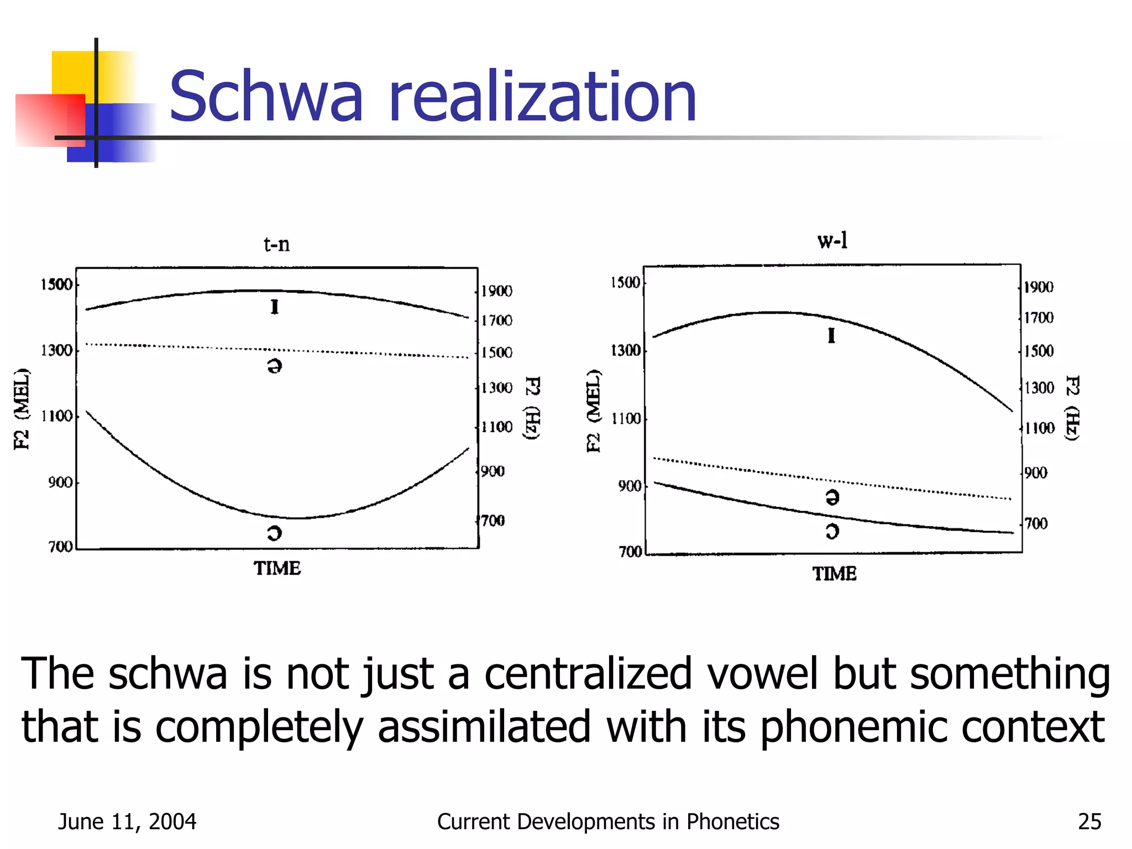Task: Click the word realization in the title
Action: [542, 97]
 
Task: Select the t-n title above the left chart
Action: [276, 244]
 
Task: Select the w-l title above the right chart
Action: [832, 240]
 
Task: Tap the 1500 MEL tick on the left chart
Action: [56, 285]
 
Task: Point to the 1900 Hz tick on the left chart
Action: [496, 291]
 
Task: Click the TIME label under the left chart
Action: [277, 568]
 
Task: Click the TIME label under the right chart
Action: [834, 574]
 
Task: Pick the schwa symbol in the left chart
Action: [274, 365]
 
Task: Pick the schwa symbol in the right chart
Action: [832, 497]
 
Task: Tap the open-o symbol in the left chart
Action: [274, 533]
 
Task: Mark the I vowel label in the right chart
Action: [831, 336]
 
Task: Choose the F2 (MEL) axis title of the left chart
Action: [22, 408]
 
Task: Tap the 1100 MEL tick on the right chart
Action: [625, 418]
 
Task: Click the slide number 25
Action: [1089, 822]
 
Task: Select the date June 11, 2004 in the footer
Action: [127, 822]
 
